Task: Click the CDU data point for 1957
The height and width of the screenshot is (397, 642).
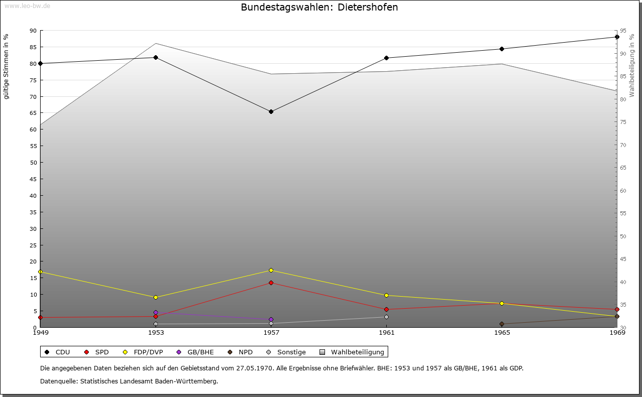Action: pyautogui.click(x=271, y=111)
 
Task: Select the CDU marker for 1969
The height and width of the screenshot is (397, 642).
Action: pyautogui.click(x=617, y=37)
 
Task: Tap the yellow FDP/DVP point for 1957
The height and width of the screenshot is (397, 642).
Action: pyautogui.click(x=271, y=270)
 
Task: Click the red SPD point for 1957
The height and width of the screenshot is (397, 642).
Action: pyautogui.click(x=271, y=283)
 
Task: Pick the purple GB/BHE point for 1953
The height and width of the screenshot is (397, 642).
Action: pyautogui.click(x=155, y=312)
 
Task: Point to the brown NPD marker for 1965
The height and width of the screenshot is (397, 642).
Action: pyautogui.click(x=502, y=324)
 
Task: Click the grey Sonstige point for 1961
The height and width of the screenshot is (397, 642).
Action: pyautogui.click(x=386, y=317)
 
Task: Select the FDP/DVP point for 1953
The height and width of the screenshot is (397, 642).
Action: pyautogui.click(x=155, y=297)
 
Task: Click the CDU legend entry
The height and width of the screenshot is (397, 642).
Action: pyautogui.click(x=57, y=352)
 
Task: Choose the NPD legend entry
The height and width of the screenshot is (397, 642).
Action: pyautogui.click(x=241, y=352)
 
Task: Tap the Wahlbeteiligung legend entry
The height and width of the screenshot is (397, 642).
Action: pyautogui.click(x=352, y=352)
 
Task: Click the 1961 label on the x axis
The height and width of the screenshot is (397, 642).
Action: pyautogui.click(x=386, y=332)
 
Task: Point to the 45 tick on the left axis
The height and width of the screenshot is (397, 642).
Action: pyautogui.click(x=33, y=179)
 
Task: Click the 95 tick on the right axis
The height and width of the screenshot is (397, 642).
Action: pyautogui.click(x=623, y=31)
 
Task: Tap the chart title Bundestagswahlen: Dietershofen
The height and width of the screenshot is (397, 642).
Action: pyautogui.click(x=319, y=7)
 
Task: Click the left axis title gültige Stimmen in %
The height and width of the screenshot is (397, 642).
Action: pyautogui.click(x=7, y=66)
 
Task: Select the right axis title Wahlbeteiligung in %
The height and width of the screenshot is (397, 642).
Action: pyautogui.click(x=632, y=65)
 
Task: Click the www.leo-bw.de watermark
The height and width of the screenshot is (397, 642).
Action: pyautogui.click(x=27, y=6)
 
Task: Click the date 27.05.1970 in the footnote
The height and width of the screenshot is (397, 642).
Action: pyautogui.click(x=254, y=368)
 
